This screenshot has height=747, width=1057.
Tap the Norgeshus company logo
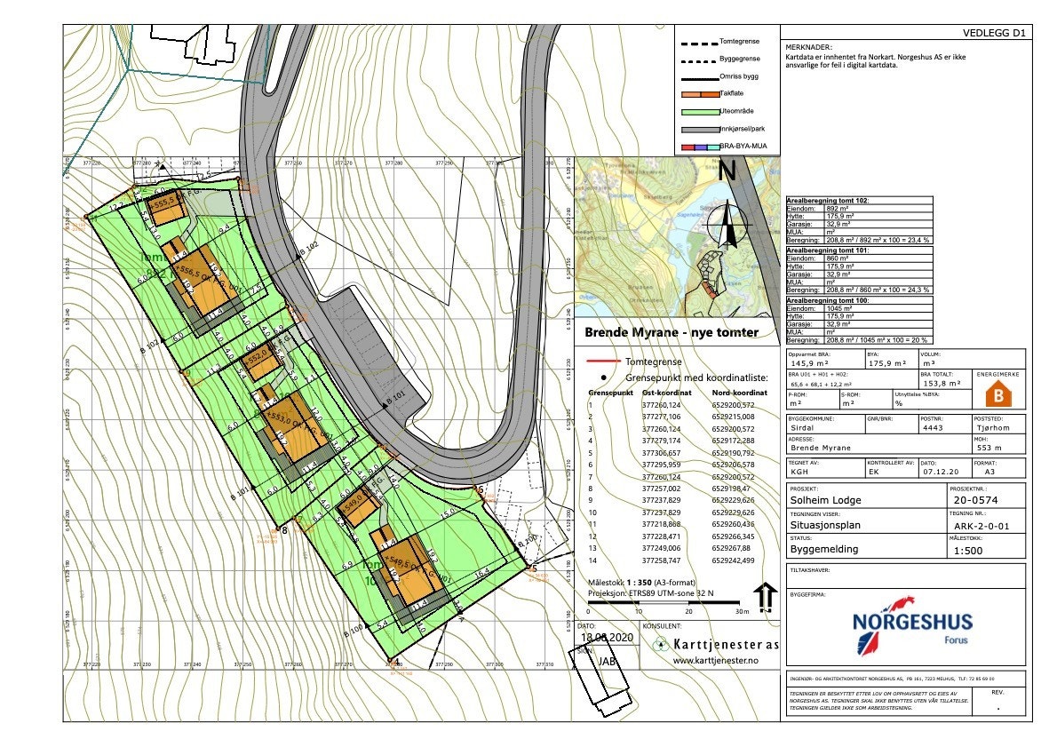911,628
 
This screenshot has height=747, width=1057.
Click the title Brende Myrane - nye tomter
671,332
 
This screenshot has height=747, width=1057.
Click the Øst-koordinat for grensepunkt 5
659,453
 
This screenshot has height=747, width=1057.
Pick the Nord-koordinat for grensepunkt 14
734,561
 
